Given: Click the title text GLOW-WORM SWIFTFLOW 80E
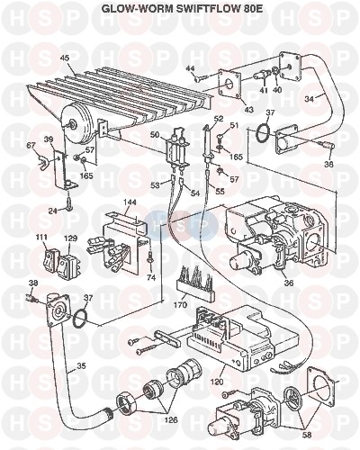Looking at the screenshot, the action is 182,9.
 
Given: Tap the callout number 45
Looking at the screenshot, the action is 66,58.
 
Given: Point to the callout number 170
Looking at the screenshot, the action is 180,305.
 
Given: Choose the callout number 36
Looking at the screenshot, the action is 288,283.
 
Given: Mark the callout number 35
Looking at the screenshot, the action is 81,365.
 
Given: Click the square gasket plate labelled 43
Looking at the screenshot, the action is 230,85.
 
